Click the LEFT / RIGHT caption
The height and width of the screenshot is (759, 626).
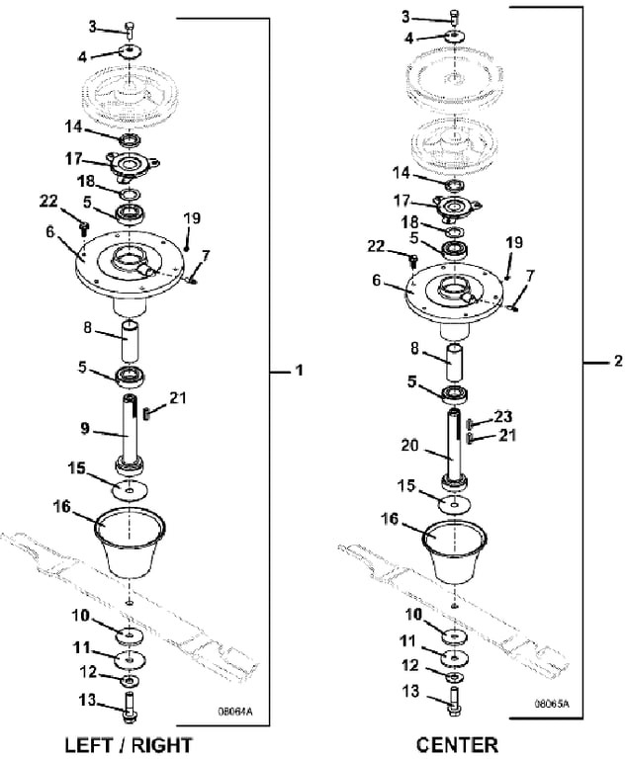129,745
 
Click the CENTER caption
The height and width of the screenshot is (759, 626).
457,745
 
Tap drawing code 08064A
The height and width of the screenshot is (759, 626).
235,712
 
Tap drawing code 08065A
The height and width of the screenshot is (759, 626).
552,704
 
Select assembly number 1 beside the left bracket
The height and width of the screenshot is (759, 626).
300,371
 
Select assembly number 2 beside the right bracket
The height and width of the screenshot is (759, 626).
618,361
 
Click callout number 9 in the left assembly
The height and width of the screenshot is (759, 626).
85,428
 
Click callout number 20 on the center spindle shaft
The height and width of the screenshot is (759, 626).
409,445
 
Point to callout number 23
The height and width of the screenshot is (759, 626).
503,416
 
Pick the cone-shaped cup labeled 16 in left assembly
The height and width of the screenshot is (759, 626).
130,543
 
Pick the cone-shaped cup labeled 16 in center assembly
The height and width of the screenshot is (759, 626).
455,552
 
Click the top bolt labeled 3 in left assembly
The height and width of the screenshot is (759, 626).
130,31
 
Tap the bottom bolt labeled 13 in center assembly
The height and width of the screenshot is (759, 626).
454,701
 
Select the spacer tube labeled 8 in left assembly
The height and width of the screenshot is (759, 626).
130,341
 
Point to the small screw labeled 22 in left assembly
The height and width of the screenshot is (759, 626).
84,227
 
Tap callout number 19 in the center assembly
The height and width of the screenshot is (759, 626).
514,242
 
